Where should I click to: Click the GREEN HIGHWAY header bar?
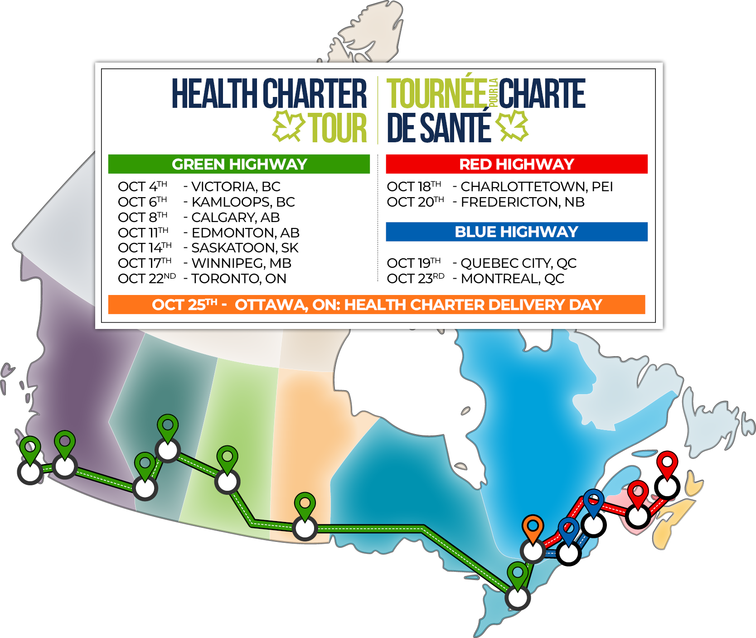(x=239, y=164)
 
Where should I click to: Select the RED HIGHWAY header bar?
(x=516, y=164)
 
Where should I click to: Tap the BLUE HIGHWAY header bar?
(x=516, y=232)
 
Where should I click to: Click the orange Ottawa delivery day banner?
(x=376, y=304)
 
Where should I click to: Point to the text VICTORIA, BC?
(x=236, y=187)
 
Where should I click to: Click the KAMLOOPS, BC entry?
(x=243, y=202)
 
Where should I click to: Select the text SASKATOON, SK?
(x=245, y=248)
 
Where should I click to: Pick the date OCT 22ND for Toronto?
(x=146, y=279)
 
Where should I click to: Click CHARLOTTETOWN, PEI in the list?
(x=537, y=187)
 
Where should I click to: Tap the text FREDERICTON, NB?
(x=523, y=202)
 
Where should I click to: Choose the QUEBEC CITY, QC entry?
(x=519, y=263)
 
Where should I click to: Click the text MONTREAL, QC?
(x=513, y=279)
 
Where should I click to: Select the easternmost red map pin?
(x=667, y=464)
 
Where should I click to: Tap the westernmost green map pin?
(x=30, y=449)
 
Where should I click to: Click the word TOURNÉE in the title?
(x=436, y=93)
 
